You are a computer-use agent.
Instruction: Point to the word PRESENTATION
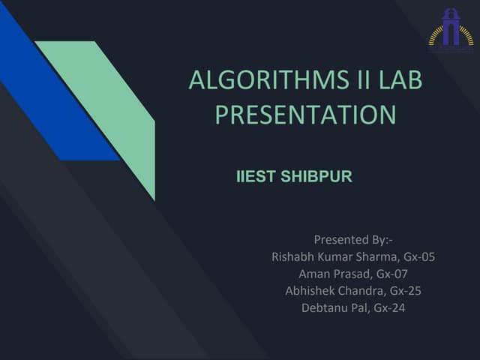pyautogui.click(x=305, y=115)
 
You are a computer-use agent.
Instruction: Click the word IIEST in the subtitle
pyautogui.click(x=256, y=178)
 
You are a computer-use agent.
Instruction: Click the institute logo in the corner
pyautogui.click(x=451, y=31)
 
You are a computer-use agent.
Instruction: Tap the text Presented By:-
pyautogui.click(x=353, y=240)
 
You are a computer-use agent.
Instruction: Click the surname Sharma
pyautogui.click(x=374, y=256)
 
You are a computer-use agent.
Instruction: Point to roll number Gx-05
pyautogui.click(x=418, y=256)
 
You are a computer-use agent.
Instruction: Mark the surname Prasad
pyautogui.click(x=352, y=273)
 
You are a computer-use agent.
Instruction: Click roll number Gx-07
pyautogui.click(x=392, y=273)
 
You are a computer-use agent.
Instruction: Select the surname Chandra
pyautogui.click(x=367, y=290)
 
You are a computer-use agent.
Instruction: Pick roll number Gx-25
pyautogui.click(x=406, y=290)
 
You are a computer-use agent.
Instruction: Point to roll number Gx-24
pyautogui.click(x=389, y=307)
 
